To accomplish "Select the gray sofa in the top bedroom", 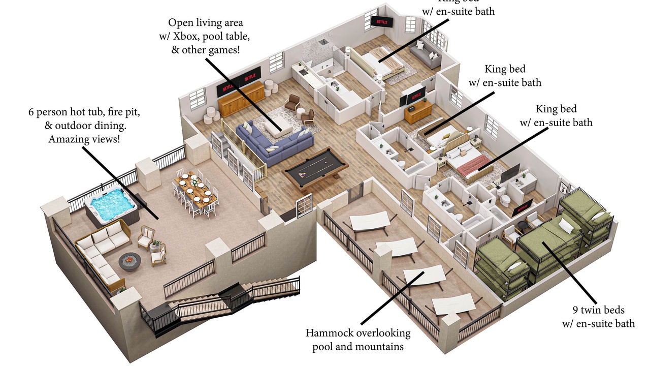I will click(x=426, y=55).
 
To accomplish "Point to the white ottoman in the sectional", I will click(x=278, y=130).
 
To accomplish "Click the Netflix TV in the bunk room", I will click(x=523, y=207).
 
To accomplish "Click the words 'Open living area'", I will click(x=206, y=23).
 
